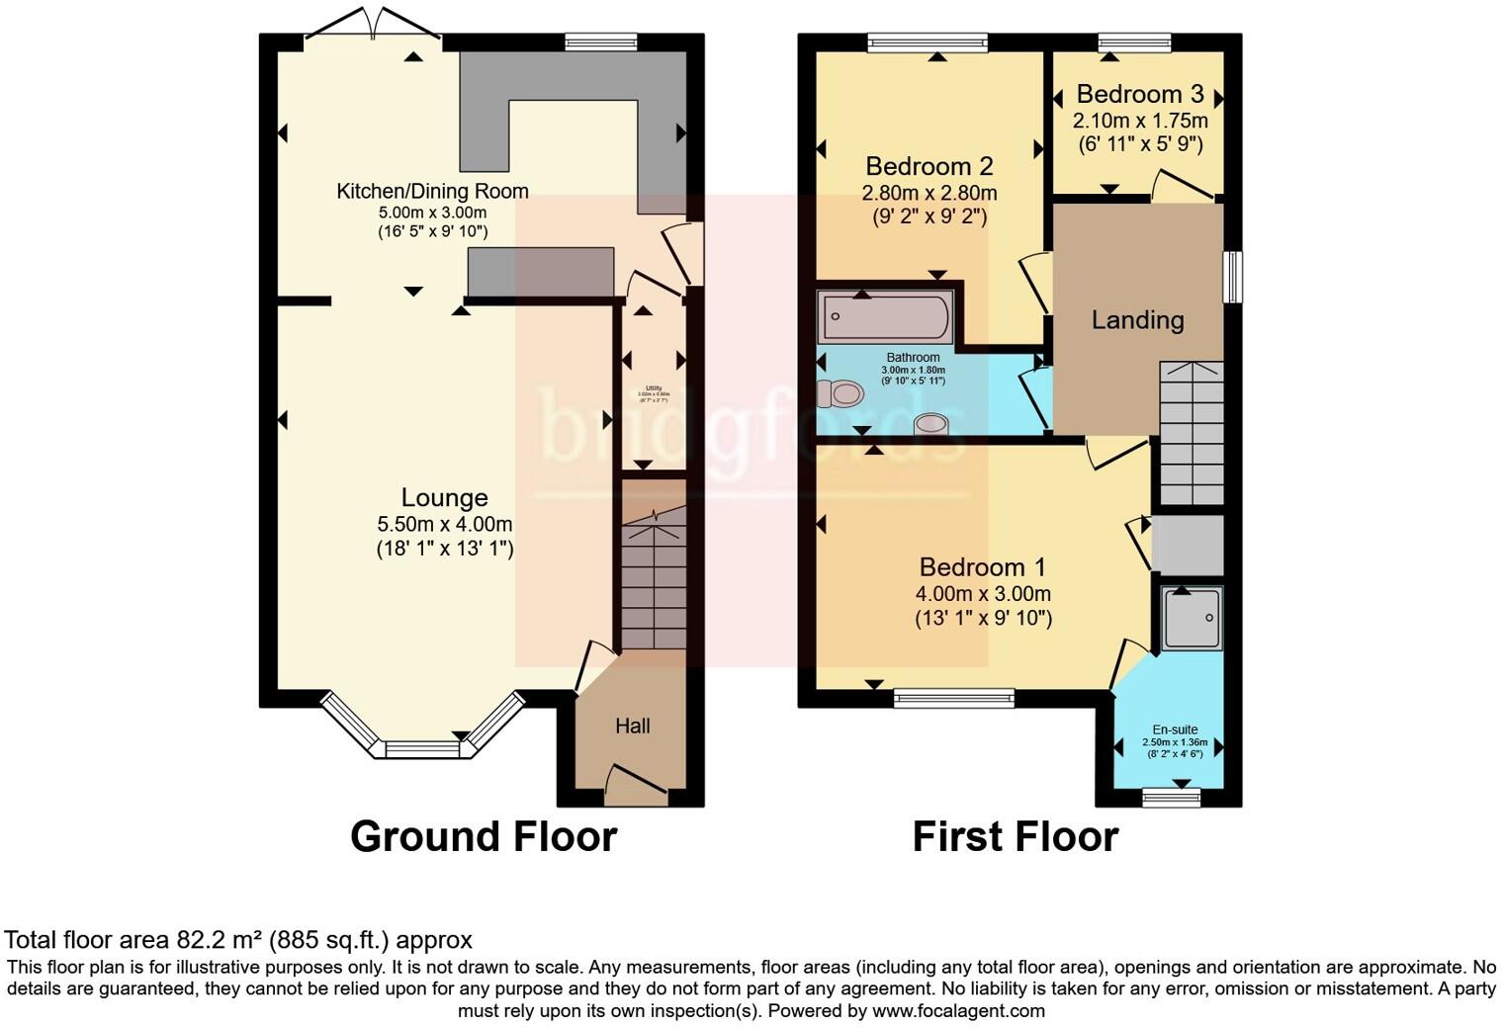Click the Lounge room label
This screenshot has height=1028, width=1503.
[x=444, y=498]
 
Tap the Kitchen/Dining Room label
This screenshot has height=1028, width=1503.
[x=432, y=191]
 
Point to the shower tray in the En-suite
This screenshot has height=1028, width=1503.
[x=1192, y=619]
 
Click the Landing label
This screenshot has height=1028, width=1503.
[x=1137, y=320]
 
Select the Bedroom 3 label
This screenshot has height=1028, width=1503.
[x=1139, y=95]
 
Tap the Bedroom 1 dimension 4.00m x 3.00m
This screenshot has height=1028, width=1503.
[x=983, y=594]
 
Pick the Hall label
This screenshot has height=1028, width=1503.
[x=633, y=727]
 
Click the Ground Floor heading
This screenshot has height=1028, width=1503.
[x=484, y=837]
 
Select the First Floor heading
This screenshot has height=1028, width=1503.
[x=1015, y=837]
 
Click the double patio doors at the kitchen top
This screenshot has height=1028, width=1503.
[x=373, y=23]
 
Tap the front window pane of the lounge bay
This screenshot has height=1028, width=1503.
[x=422, y=750]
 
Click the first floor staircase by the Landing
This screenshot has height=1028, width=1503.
[x=1191, y=435]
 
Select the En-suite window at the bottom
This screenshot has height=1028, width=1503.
[x=1171, y=798]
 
